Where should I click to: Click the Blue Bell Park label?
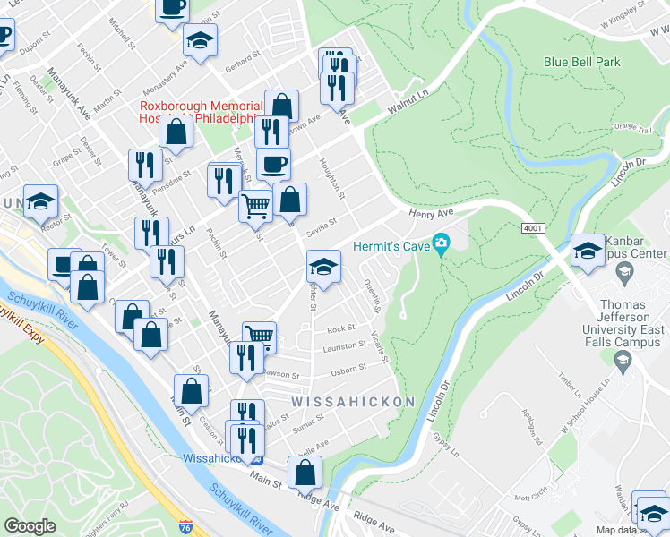(581, 63)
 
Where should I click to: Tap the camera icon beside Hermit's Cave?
(441, 243)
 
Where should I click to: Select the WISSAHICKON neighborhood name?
(353, 403)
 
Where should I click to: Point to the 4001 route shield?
(532, 228)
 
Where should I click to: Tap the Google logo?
(30, 526)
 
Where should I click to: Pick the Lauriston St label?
(345, 345)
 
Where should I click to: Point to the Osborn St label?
(348, 368)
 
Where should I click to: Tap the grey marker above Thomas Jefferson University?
(622, 360)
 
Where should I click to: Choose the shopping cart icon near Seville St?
(255, 205)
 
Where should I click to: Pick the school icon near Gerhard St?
(201, 39)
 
